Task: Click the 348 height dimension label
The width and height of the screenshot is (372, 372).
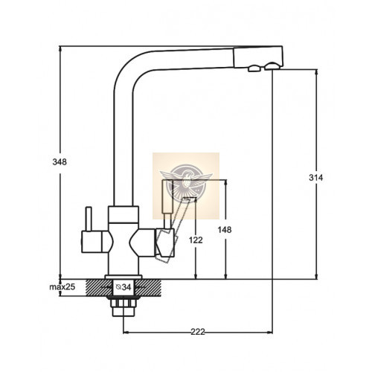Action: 60,162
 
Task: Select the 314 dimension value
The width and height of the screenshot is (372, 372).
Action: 315,178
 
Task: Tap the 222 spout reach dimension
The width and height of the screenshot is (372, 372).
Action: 198,332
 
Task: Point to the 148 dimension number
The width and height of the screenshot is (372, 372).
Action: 225,230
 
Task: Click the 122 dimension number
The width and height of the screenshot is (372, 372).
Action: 196,240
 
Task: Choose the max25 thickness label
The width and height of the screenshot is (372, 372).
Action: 62,287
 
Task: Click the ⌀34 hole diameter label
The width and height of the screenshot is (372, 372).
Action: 124,287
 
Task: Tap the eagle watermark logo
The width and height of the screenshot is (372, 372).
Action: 186,183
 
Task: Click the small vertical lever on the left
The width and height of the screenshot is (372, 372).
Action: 89,219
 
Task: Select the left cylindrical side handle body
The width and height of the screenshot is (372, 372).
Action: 92,242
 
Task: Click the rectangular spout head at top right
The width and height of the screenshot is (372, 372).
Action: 258,57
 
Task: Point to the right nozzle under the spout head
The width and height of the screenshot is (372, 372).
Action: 272,65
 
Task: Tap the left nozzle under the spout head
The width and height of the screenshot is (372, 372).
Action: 254,68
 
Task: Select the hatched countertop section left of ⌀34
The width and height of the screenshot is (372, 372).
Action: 98,287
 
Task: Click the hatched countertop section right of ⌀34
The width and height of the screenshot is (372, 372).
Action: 148,287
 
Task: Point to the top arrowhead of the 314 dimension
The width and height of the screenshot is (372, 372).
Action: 316,72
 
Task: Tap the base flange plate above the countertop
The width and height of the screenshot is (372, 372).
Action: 124,277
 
